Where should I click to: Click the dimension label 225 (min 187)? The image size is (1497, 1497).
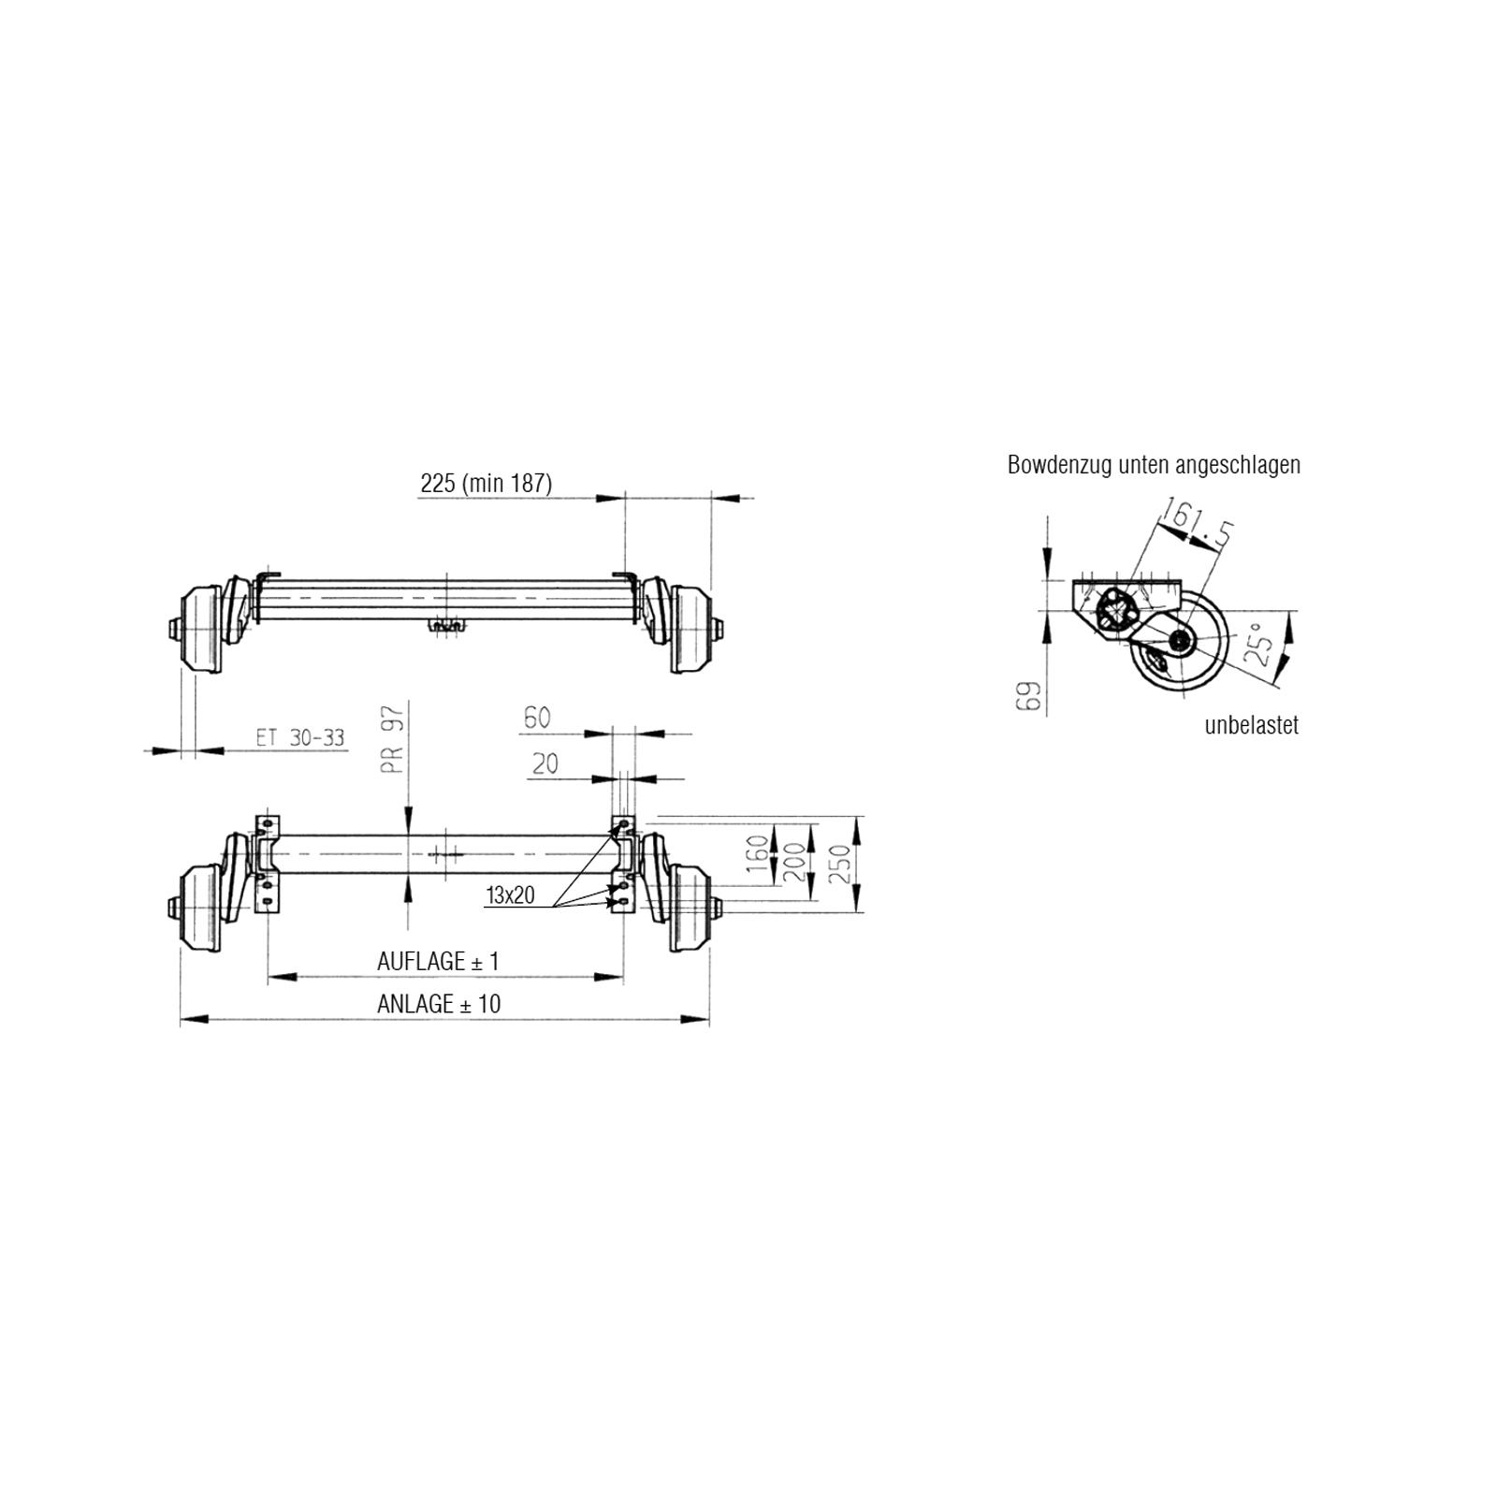point(487,483)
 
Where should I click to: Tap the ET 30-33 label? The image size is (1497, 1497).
point(299,737)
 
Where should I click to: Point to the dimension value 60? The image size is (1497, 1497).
point(537,718)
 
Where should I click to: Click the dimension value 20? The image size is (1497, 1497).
point(545,763)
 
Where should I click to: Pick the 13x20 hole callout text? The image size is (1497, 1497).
point(510,895)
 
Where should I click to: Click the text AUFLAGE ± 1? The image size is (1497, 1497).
point(438,961)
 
